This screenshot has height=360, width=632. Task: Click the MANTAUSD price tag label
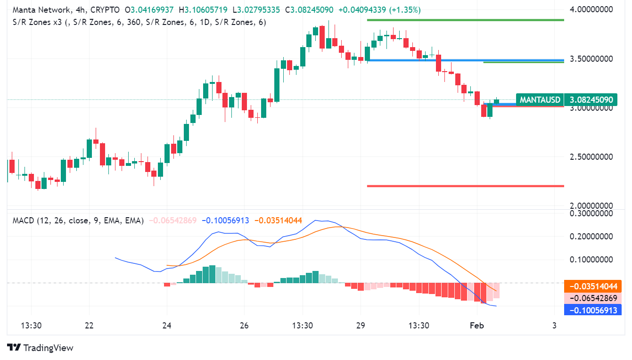pos(540,100)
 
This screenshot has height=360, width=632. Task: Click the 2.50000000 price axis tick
pos(592,157)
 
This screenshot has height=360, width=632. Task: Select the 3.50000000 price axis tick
pos(592,59)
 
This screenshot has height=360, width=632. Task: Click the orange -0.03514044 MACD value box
pos(592,286)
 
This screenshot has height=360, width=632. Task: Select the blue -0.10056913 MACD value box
pos(592,310)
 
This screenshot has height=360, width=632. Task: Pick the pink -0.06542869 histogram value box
pos(592,298)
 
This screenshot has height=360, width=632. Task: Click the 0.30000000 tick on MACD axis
pos(592,213)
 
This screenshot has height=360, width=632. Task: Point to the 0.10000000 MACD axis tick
pos(592,260)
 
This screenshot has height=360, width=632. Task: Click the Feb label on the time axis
pos(477,325)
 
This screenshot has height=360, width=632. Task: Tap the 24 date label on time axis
pos(166,325)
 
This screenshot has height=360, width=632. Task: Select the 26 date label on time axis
pos(244,325)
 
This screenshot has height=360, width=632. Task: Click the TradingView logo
pos(41,348)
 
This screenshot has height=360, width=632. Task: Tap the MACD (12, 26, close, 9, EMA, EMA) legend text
pos(78,221)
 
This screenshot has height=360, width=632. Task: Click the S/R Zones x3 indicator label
pos(35,22)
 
